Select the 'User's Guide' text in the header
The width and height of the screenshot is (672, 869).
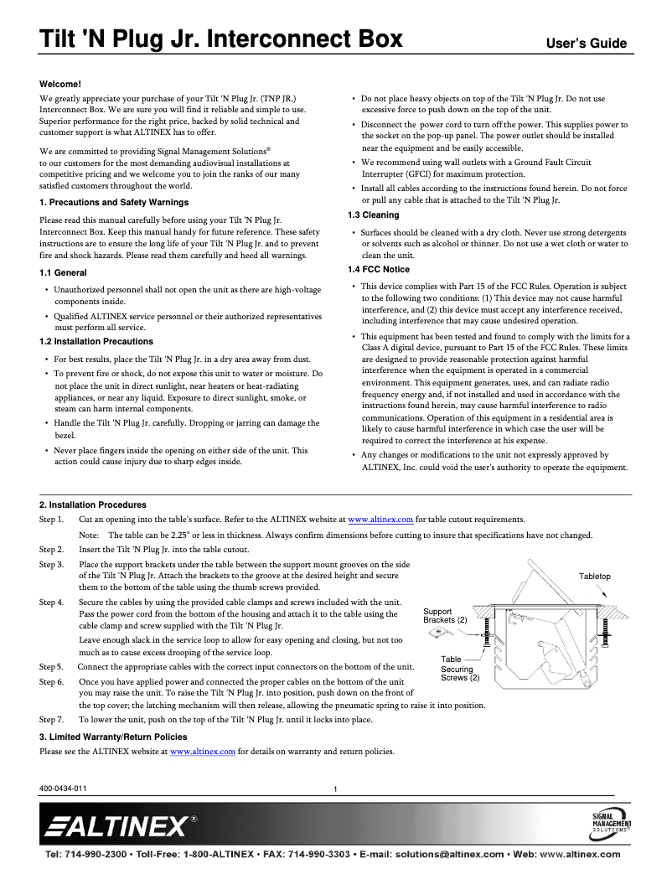pos(587,43)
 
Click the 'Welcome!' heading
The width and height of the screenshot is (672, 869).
pos(61,85)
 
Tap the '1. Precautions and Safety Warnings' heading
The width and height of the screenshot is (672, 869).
pos(114,203)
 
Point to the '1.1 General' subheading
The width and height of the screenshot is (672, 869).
pos(64,273)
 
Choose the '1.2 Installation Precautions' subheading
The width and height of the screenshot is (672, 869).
pos(96,342)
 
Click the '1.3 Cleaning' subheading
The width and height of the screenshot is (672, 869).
pos(373,215)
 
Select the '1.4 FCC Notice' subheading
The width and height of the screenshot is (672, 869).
pos(379,269)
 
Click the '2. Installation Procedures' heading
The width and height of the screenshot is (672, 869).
pos(93,505)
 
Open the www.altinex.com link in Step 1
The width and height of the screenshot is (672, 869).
pos(380,520)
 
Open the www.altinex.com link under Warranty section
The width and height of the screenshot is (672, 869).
pos(202,752)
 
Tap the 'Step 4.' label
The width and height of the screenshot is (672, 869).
pos(52,602)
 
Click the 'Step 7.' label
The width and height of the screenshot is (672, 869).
pos(52,719)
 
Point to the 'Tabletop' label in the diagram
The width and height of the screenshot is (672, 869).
pos(595,577)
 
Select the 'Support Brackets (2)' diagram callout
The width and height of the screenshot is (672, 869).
pos(445,616)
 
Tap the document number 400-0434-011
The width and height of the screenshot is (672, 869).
pos(63,789)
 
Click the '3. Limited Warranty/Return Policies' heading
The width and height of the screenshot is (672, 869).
pos(113,737)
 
